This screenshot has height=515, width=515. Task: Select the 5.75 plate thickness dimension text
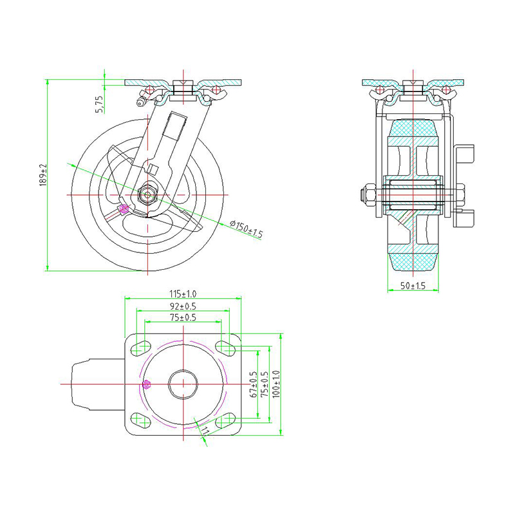tap(98, 104)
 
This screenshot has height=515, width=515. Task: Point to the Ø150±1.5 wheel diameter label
tap(246, 228)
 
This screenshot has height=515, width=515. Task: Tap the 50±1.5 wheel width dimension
tap(413, 285)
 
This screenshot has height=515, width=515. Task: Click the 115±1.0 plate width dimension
tap(183, 294)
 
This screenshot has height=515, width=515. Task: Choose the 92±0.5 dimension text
tap(183, 306)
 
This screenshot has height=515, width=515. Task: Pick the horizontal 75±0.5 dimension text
tap(183, 317)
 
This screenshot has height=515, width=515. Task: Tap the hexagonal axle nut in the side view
tap(148, 194)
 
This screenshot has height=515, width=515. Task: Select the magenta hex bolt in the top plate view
tap(146, 385)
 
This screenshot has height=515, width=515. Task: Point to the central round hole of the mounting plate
tap(183, 384)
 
